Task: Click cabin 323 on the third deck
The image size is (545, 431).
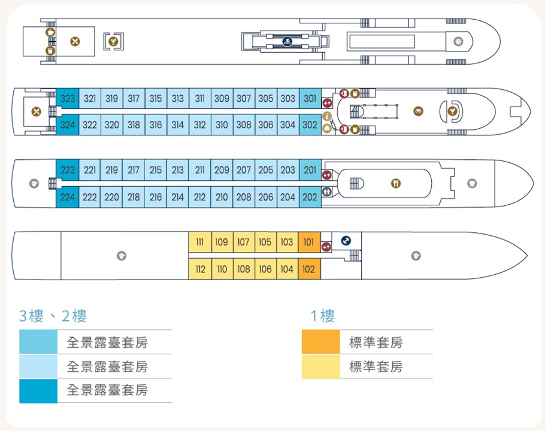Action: [68, 99]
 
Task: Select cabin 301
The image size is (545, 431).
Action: [310, 99]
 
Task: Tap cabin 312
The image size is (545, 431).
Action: [200, 125]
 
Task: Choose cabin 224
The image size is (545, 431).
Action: [68, 198]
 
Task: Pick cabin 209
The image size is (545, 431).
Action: [222, 170]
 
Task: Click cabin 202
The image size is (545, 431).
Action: [310, 198]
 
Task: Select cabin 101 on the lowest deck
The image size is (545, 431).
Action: [309, 242]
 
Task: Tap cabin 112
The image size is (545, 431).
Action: [200, 269]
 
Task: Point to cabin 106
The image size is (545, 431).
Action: [265, 269]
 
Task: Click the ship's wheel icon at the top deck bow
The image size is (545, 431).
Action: [458, 42]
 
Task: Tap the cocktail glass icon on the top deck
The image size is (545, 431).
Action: [113, 42]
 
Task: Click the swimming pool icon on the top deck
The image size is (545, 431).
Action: [287, 42]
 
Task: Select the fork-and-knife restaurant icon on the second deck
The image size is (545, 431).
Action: [396, 183]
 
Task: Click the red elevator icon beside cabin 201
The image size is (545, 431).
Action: [327, 175]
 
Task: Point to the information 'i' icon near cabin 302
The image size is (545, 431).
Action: [327, 116]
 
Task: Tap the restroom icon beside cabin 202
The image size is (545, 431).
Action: [327, 192]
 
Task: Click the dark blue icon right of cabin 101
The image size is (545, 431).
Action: [346, 241]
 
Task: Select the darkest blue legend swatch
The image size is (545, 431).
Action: [38, 391]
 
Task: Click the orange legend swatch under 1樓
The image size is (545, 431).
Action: [320, 342]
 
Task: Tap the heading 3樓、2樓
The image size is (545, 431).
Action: [53, 316]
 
